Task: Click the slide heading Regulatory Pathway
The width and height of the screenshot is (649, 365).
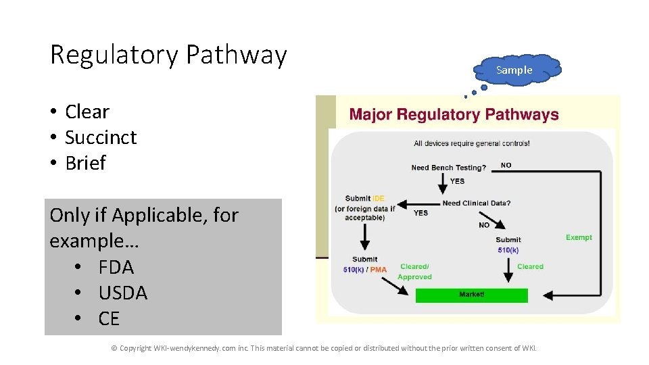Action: click(168, 55)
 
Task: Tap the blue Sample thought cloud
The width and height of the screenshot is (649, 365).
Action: click(514, 70)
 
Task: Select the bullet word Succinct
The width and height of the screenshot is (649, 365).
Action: click(101, 137)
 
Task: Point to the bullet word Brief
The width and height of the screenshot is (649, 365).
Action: click(85, 163)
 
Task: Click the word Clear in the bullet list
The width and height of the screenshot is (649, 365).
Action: click(87, 112)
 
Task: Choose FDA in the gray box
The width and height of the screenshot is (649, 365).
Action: click(116, 267)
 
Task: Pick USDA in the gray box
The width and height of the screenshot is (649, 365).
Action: click(122, 293)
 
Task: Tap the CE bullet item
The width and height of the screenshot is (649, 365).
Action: click(109, 318)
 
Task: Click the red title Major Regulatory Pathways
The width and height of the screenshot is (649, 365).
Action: click(454, 114)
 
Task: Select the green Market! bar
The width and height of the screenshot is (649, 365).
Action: click(471, 295)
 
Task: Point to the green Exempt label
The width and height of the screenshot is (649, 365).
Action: click(579, 237)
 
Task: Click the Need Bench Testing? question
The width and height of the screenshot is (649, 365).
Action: click(448, 168)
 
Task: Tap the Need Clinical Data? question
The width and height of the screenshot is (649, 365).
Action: click(476, 203)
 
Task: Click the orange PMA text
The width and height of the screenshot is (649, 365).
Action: click(379, 270)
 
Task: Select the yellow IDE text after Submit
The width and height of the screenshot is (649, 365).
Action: click(379, 198)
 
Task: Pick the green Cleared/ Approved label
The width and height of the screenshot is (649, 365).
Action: click(414, 272)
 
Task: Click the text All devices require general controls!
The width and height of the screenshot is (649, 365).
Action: click(471, 143)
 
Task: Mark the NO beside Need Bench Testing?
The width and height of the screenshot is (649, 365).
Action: click(506, 164)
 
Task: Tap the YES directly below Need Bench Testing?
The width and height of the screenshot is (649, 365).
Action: click(457, 181)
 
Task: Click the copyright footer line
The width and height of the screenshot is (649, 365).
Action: click(324, 348)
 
